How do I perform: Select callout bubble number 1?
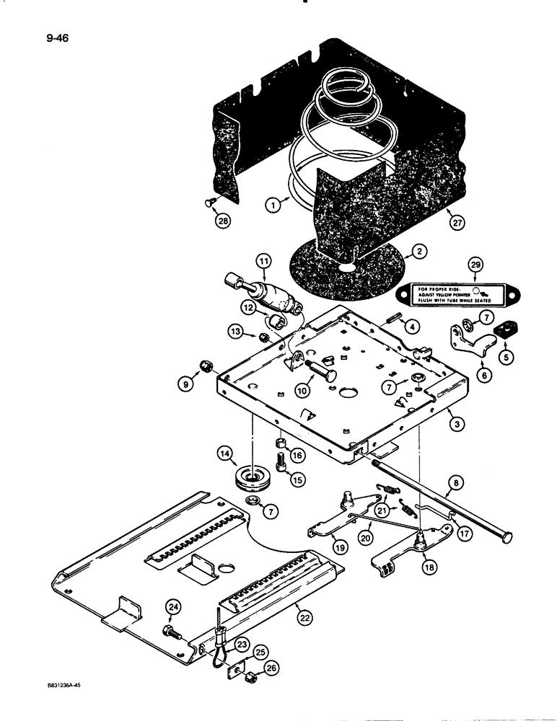tap(272, 205)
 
